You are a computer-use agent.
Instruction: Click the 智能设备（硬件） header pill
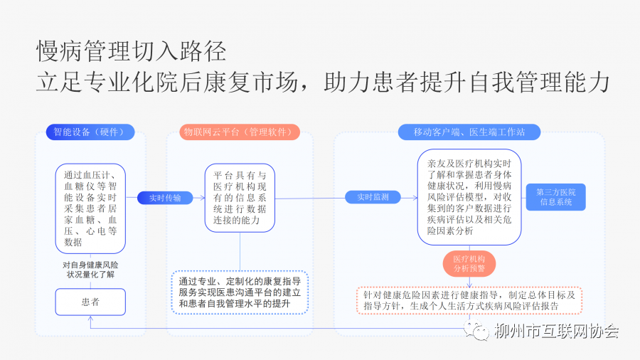coord(90,132)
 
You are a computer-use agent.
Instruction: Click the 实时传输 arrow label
coord(165,198)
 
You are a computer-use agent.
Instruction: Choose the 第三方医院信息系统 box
coord(556,197)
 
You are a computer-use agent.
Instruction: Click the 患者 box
coord(90,302)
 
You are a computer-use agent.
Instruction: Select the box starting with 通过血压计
coord(90,208)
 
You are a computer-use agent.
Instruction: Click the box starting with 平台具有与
coord(240,198)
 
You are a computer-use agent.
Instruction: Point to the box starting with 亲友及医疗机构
coord(469,196)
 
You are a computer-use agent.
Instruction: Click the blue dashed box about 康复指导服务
coord(240,292)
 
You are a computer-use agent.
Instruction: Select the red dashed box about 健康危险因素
coord(469,300)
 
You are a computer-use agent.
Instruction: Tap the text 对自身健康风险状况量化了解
coord(90,270)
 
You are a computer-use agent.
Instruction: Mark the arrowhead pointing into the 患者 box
coord(90,319)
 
